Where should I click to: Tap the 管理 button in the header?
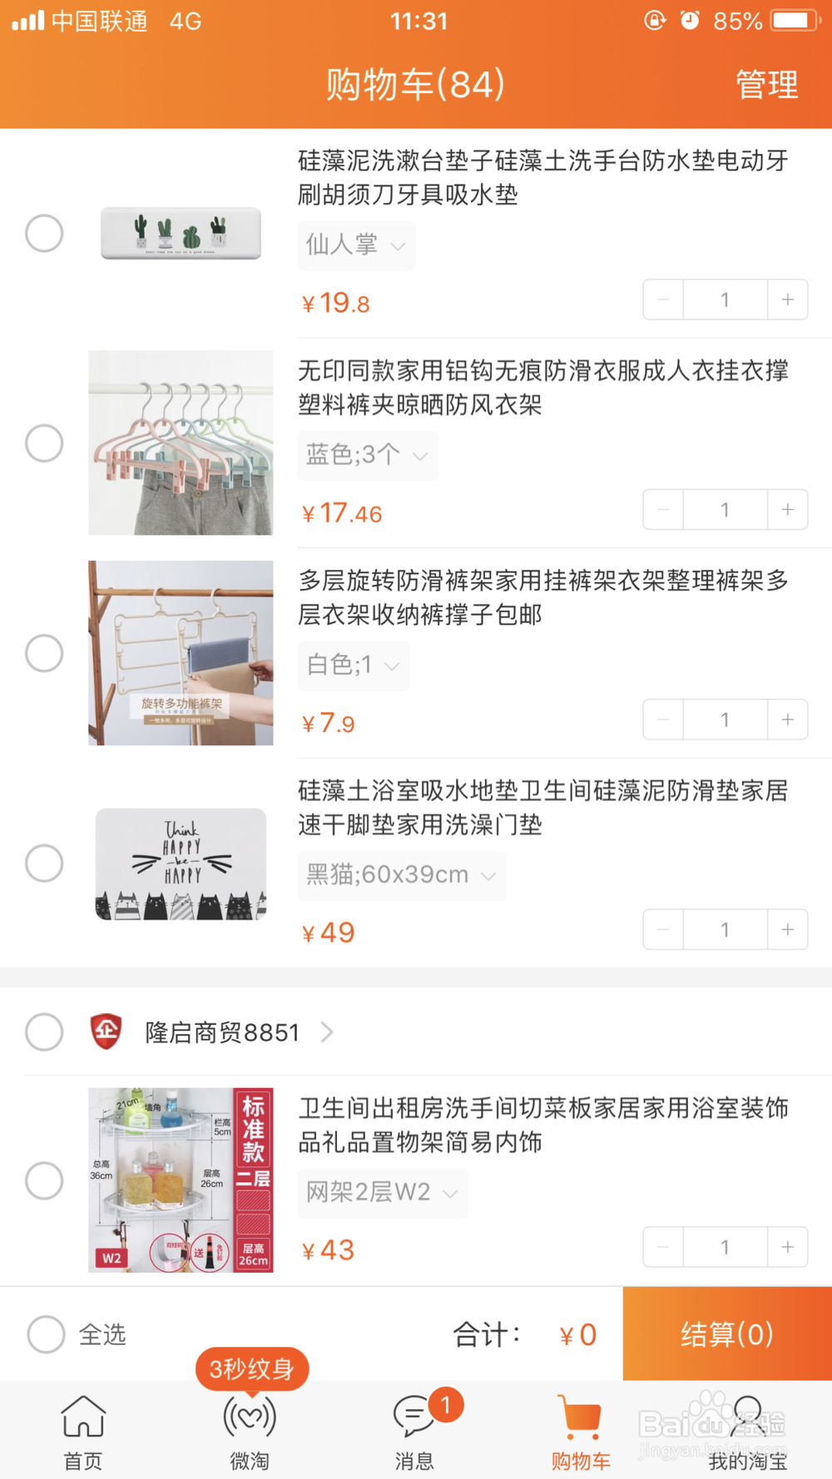coord(766,85)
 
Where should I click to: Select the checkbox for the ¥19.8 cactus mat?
coord(44,233)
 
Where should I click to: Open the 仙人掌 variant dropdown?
coord(356,245)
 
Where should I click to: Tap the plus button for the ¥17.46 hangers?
coord(787,509)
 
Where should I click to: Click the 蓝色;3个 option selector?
coord(367,455)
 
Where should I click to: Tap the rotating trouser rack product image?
coord(181,653)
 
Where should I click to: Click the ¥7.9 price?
coord(329,723)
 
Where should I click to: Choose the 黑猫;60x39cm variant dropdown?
coord(401,875)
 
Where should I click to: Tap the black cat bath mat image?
coord(181,863)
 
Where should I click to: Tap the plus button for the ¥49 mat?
coord(787,929)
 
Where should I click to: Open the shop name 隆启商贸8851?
coord(222,1032)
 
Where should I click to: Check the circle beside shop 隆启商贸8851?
coord(44,1032)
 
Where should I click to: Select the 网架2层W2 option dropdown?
coord(382,1193)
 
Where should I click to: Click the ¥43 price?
coord(329,1250)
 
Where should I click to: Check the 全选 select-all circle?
coord(46,1334)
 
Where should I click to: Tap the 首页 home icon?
coord(83,1417)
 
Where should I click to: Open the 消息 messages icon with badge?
coord(415,1417)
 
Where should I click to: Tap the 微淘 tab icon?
coord(250,1417)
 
